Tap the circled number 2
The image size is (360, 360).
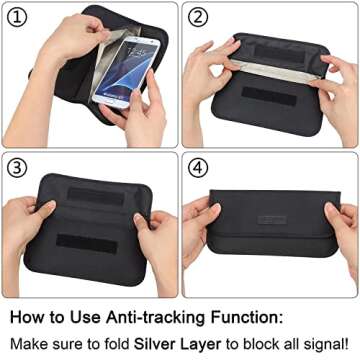coord(198,18)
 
